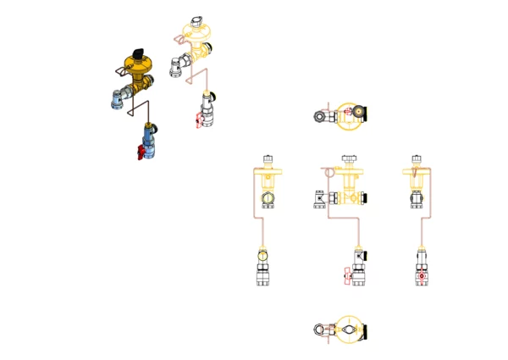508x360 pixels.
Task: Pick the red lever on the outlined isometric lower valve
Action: [196, 125]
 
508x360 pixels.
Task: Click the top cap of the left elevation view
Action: [268, 158]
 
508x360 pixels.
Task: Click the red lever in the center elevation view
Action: [345, 276]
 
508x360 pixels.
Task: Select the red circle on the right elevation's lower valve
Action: [420, 276]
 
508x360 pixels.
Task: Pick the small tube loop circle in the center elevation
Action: [325, 170]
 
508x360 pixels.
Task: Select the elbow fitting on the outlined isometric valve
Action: [179, 64]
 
